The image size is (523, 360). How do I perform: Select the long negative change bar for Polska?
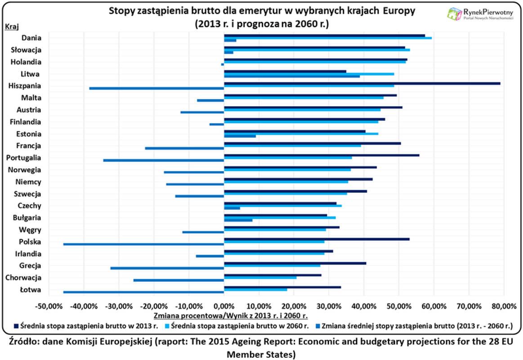coord(144,244)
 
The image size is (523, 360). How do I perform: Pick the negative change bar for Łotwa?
coord(144,292)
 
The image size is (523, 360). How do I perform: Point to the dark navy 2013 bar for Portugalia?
coord(322,155)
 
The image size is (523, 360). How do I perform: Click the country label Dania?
coord(31,38)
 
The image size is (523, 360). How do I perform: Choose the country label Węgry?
coord(31,229)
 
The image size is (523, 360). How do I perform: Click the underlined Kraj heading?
coord(11,27)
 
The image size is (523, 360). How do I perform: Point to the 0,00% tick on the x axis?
coord(224,306)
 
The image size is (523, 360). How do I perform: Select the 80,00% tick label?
coord(503,306)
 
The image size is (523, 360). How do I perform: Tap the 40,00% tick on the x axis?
coord(363,306)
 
